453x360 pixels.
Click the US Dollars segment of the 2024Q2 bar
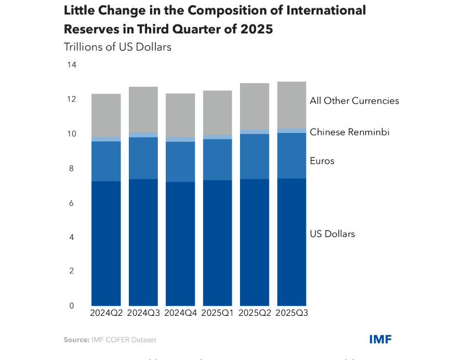[x=106, y=243]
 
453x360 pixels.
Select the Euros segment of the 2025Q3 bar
[x=291, y=155]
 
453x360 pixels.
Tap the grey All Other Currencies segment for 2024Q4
[x=180, y=115]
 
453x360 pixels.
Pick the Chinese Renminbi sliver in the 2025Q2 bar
[x=255, y=132]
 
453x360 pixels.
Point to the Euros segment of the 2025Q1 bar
[x=217, y=159]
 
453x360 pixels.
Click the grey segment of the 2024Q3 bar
[x=143, y=110]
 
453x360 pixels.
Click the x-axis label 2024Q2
[x=106, y=313]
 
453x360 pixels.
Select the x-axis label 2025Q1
[x=217, y=313]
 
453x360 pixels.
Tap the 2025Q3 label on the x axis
[x=291, y=313]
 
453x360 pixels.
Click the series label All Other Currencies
[x=354, y=101]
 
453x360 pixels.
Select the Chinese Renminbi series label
[x=350, y=132]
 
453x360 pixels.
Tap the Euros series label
[x=322, y=161]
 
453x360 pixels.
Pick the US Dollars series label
[x=332, y=234]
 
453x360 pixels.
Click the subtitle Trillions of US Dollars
[x=117, y=47]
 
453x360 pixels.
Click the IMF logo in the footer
[x=380, y=339]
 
